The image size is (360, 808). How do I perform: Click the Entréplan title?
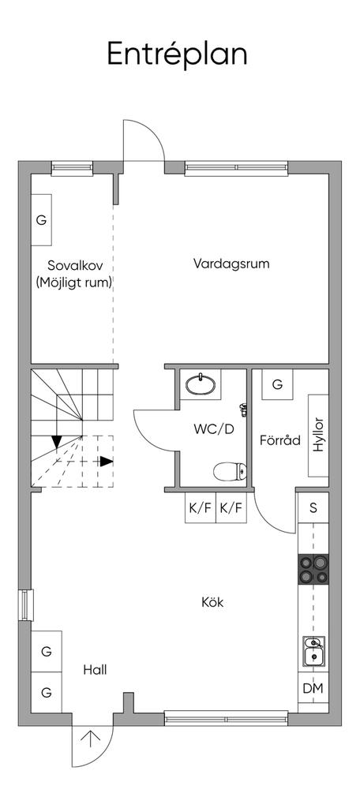point(177,54)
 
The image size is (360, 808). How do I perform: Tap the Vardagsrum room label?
point(231,264)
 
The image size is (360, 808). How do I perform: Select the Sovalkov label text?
point(75,266)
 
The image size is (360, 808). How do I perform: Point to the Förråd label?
point(280,440)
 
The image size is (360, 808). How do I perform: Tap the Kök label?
point(212,601)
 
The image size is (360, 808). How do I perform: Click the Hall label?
point(95,670)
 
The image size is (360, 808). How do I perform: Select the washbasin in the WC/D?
point(201,383)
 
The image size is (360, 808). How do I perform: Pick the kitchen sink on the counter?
point(313,652)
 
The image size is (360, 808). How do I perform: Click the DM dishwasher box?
point(313,688)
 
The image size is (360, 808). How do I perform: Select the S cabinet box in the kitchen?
point(313,507)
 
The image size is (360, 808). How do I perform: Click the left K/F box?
point(200,508)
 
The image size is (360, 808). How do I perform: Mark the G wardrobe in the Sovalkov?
point(41,220)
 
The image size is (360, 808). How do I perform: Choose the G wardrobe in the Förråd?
point(277,384)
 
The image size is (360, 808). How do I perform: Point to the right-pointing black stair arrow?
point(107,461)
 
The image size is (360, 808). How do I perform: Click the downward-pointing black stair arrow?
point(57,442)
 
